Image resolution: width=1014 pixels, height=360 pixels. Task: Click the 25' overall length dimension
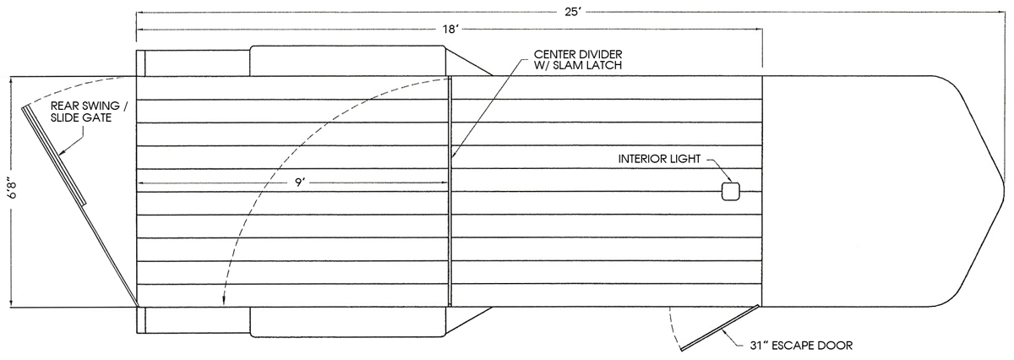coord(572,12)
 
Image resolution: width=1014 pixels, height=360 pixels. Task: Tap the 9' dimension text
coord(300,183)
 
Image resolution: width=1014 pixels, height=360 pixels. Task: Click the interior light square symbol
coord(731,192)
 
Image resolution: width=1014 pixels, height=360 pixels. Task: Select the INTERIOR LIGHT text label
coord(659,159)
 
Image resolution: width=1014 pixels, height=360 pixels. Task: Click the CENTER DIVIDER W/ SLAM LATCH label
coord(578,59)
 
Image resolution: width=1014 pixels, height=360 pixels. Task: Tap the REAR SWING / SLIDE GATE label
coord(89,112)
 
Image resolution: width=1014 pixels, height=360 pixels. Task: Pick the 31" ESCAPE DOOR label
coord(801,346)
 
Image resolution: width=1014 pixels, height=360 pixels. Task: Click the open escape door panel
coord(720,327)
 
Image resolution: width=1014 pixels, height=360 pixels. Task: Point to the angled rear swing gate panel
coord(54,155)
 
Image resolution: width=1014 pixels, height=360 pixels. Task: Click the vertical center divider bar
coord(450,192)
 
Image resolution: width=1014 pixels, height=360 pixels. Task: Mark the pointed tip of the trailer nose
coord(1004,187)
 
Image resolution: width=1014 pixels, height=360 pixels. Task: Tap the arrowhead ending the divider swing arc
coord(223,302)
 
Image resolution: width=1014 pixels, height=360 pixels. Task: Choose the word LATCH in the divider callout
coord(605,65)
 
